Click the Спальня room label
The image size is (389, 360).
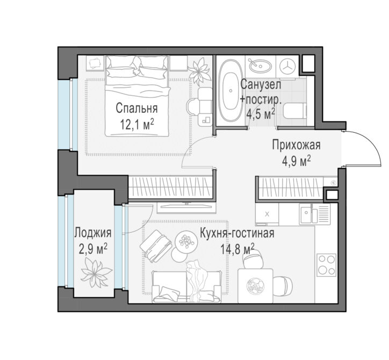pos(136,109)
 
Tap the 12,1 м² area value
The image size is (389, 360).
pos(137,124)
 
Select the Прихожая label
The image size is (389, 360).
pos(296,145)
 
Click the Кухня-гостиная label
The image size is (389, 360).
pos(237,233)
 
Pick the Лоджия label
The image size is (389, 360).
pos(93,233)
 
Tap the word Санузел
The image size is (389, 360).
pos(261,84)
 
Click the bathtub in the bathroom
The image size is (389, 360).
pos(230,91)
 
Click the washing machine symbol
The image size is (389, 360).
pos(287,66)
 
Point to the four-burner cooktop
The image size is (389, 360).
pos(326,265)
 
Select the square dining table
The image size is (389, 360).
pos(255,286)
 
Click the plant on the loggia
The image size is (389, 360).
pos(96,272)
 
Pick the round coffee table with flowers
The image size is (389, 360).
pos(186,241)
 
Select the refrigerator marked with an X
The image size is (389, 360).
pos(267,214)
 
